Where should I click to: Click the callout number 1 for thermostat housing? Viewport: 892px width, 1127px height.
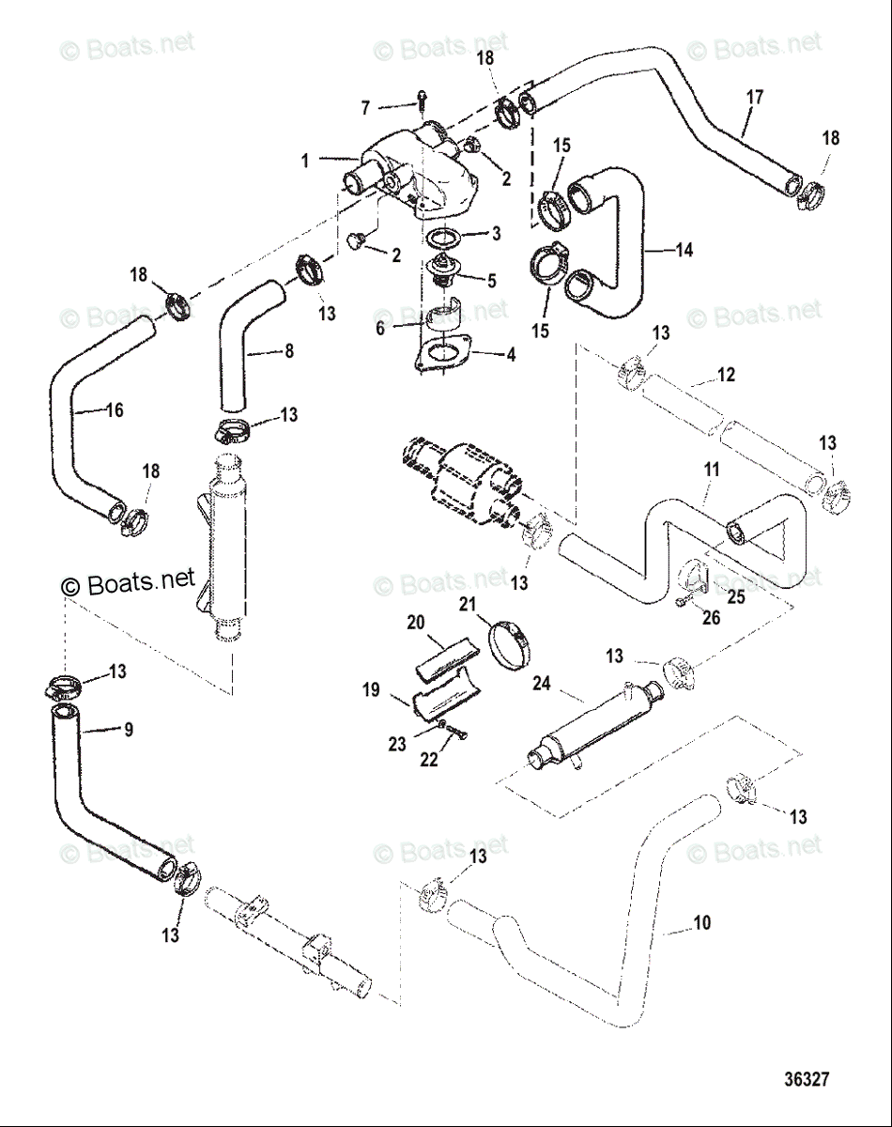click(x=305, y=162)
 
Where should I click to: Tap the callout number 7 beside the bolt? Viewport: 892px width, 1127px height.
click(x=366, y=109)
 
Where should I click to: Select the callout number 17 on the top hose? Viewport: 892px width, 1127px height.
click(x=755, y=97)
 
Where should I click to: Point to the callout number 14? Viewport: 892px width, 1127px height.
click(x=684, y=250)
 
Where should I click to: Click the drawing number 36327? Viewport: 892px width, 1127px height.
click(x=807, y=1080)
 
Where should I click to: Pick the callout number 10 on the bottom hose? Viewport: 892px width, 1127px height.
click(x=701, y=924)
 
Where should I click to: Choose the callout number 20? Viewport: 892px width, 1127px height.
click(x=417, y=623)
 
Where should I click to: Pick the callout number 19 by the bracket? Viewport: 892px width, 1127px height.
click(x=372, y=690)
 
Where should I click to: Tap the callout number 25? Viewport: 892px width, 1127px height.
click(x=736, y=595)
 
